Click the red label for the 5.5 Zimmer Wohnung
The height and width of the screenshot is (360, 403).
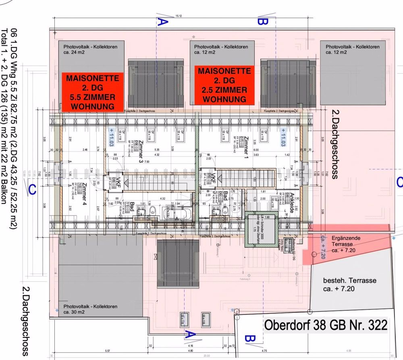point(92,92)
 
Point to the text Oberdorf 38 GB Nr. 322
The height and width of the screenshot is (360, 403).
point(326,325)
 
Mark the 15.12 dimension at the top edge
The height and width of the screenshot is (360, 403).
point(178,17)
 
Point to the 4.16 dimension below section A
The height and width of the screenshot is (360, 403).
point(190,346)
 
